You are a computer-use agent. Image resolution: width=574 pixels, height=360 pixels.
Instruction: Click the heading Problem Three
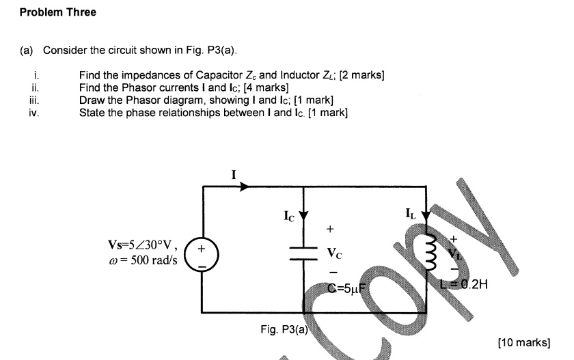[x=58, y=12]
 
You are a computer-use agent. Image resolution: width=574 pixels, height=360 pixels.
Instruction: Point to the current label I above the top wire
[x=233, y=175]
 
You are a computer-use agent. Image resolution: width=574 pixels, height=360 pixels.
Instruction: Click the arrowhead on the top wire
[x=244, y=186]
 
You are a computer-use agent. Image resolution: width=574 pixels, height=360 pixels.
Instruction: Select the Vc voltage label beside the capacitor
[x=334, y=252]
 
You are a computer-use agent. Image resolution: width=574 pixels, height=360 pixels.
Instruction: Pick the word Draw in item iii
[x=91, y=100]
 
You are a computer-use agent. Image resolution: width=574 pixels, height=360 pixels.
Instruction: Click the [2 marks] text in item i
[x=361, y=76]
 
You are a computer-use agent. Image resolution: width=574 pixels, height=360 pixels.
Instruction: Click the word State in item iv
[x=92, y=113]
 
